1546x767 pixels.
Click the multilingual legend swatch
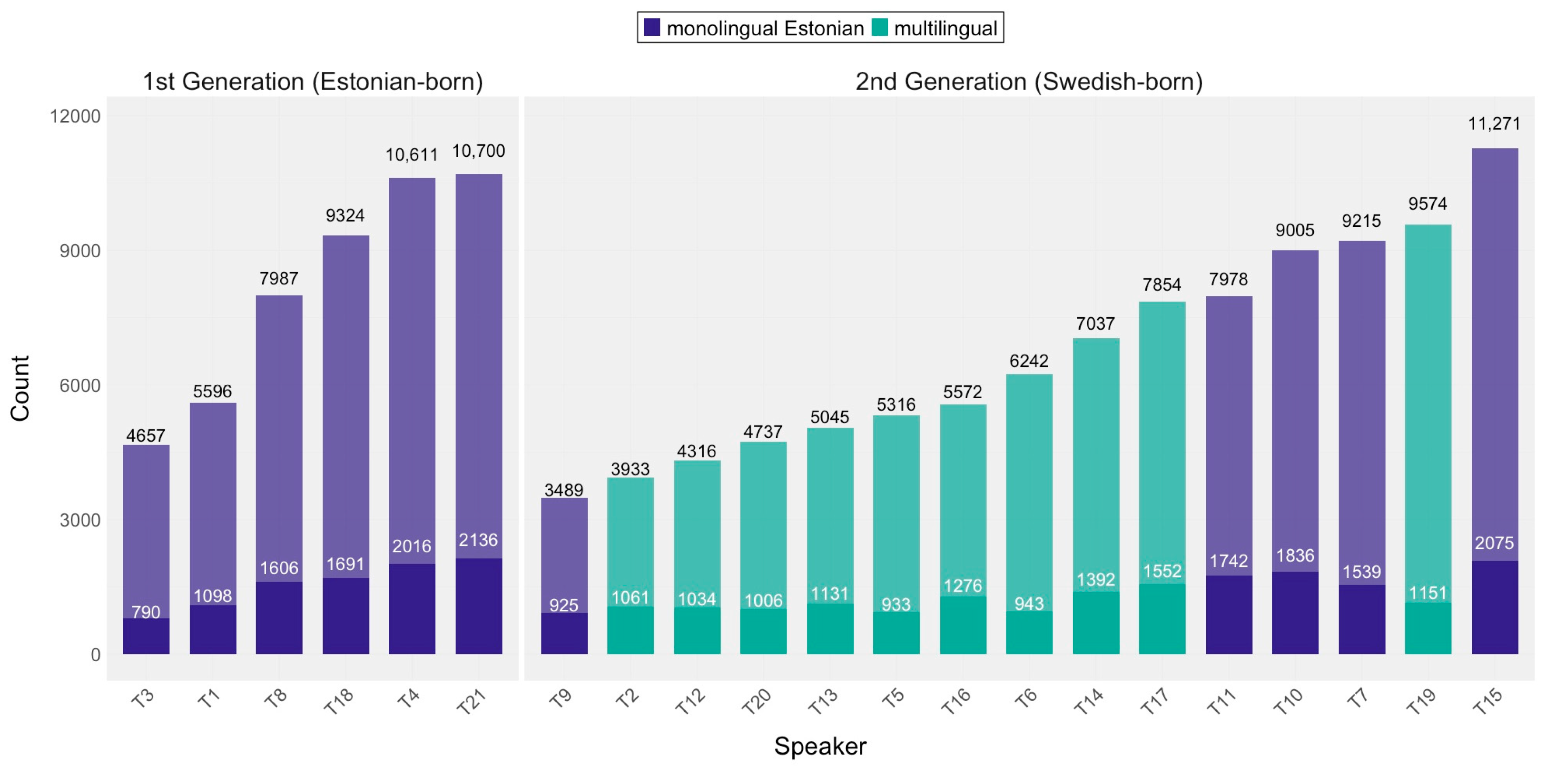click(x=879, y=28)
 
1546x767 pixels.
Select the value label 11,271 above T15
click(x=1494, y=124)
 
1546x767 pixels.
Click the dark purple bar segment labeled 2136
click(x=478, y=606)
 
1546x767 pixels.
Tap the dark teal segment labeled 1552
click(x=1162, y=619)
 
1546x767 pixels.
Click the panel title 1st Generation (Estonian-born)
click(x=312, y=81)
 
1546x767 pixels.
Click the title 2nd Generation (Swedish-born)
click(x=1029, y=81)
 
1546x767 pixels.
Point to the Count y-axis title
click(x=20, y=388)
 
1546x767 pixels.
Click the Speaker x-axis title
click(x=820, y=746)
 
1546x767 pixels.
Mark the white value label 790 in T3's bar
click(x=146, y=612)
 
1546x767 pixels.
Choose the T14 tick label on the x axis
click(x=1089, y=701)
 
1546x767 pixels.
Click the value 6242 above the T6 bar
click(x=1029, y=361)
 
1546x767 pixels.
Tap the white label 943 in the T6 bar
click(x=1029, y=604)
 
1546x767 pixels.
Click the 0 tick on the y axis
click(x=95, y=655)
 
